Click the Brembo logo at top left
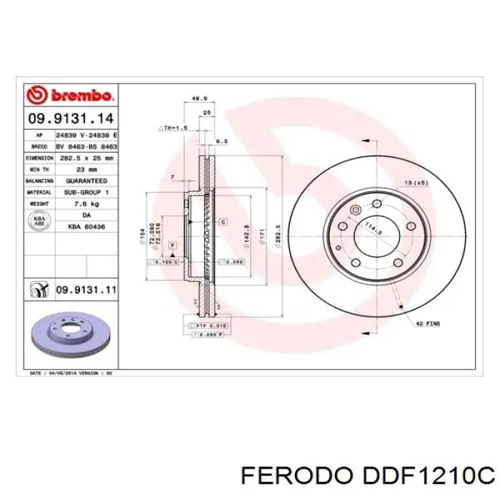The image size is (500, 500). pos(70,94)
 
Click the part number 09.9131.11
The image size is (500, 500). pos(85,290)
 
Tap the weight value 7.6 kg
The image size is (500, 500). pos(86,203)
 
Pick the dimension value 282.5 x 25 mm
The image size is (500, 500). pos(86,158)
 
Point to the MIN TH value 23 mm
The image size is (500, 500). pos(86,169)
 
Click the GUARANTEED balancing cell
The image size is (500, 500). pos(86,181)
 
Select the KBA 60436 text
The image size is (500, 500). pos(86,226)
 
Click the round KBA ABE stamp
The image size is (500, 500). pos(40,220)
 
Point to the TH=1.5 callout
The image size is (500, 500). pos(172,127)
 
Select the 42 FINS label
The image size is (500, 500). pos(429,324)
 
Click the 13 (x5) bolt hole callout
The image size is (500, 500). pos(417,184)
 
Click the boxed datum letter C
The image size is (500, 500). pos(223,222)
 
